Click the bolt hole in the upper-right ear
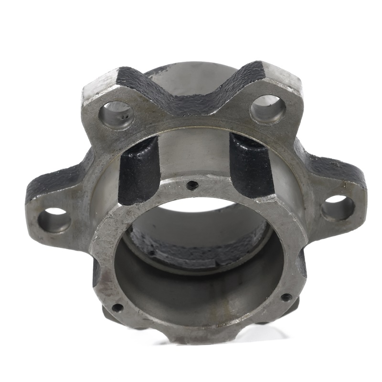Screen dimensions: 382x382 [x=267, y=110]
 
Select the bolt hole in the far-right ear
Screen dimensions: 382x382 [x=338, y=208]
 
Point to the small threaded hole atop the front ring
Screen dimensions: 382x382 [x=192, y=185]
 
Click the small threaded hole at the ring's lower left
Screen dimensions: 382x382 [x=117, y=307]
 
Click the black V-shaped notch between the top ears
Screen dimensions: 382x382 [x=191, y=95]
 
